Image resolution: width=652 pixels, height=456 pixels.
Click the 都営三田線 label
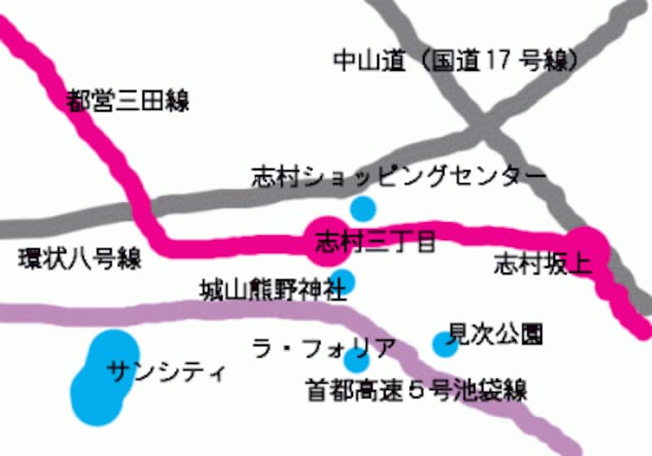coord(128,101)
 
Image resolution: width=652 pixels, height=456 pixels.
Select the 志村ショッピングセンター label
coord(397,176)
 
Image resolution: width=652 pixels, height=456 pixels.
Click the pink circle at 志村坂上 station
coord(588,249)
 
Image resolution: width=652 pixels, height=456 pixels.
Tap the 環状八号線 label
coord(80,260)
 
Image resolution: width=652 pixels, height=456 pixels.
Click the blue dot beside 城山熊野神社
coord(343,281)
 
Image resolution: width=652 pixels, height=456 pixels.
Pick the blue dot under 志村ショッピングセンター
coord(363,208)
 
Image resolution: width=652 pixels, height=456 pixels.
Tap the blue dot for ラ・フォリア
coord(357,359)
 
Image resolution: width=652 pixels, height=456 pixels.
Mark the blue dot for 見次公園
coord(444,344)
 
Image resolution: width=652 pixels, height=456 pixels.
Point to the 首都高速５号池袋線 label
coord(416,390)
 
